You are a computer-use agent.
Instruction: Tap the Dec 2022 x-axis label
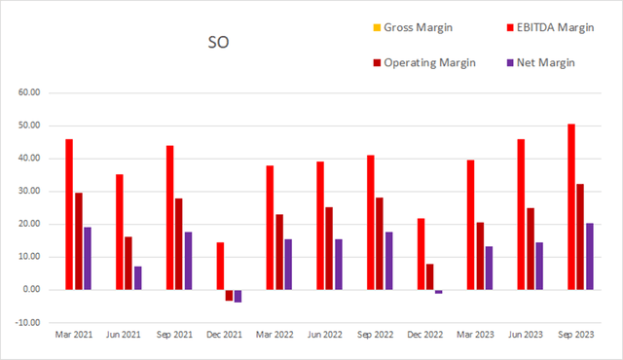point(430,334)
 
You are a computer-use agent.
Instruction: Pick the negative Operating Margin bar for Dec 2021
point(230,295)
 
